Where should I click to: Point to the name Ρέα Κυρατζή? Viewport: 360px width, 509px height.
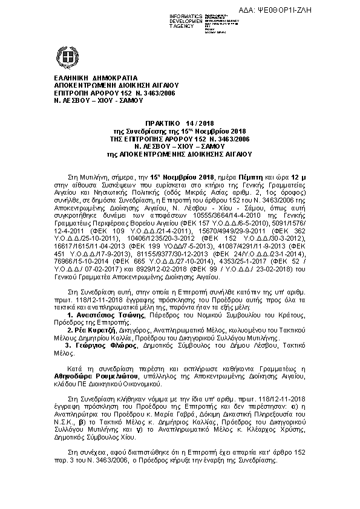point(91,331)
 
